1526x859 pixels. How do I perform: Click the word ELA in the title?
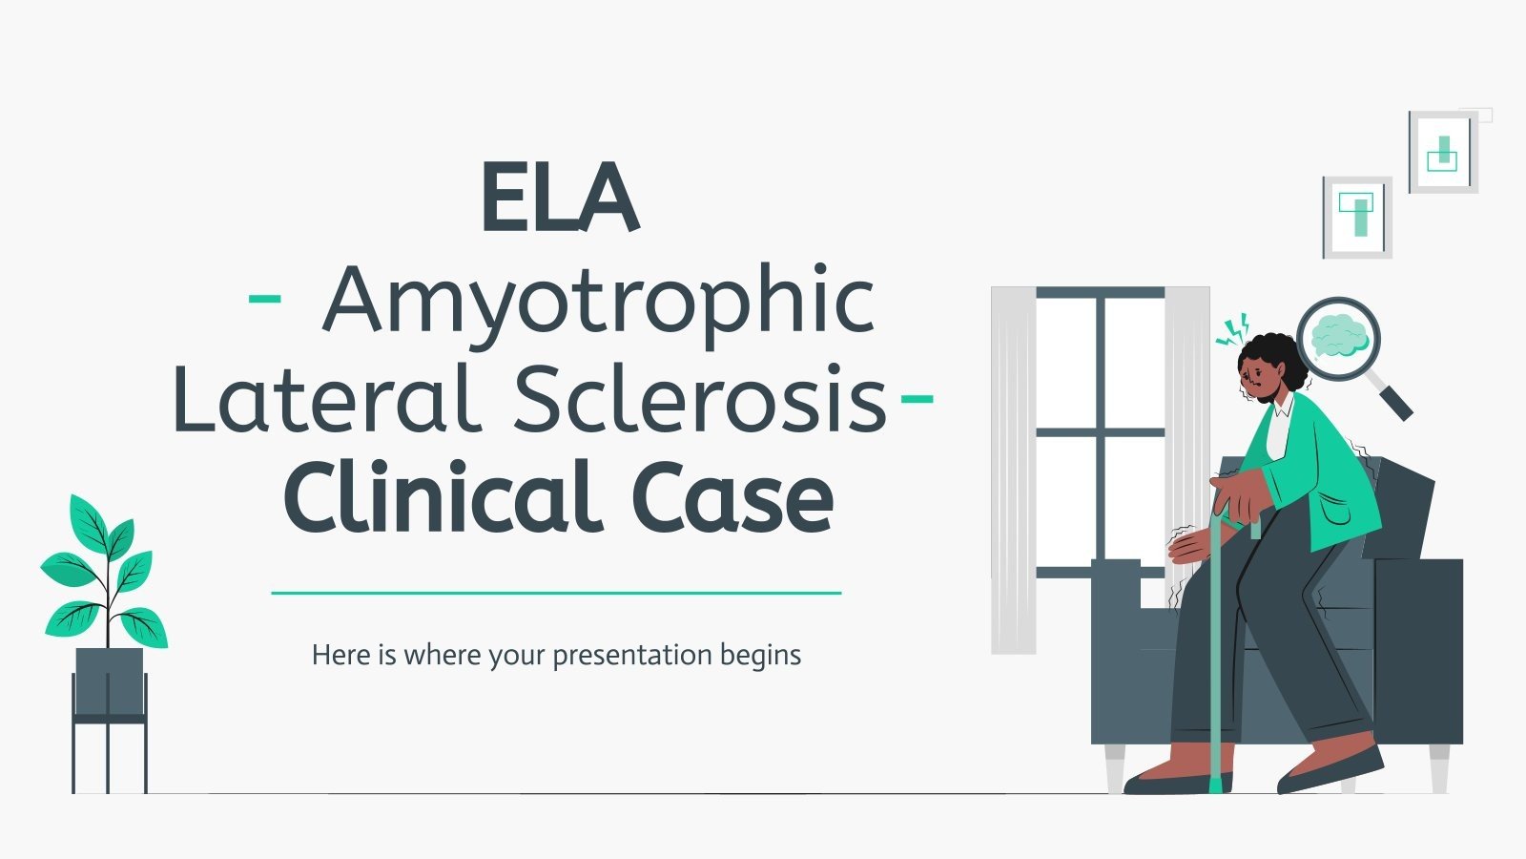[559, 198]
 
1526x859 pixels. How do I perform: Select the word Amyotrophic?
[599, 302]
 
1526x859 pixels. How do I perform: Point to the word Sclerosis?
[700, 400]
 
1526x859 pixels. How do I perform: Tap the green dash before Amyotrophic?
[264, 298]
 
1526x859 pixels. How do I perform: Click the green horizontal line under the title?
[556, 593]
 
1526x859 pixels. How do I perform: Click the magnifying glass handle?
[1393, 399]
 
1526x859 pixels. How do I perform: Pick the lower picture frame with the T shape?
[1356, 217]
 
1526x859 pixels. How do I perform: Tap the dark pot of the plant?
[110, 681]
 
